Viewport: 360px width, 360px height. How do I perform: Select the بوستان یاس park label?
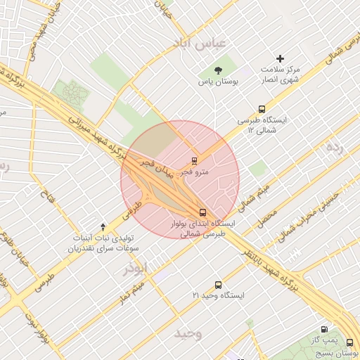pos(217,82)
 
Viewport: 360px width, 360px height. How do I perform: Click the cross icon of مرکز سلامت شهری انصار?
pos(281,58)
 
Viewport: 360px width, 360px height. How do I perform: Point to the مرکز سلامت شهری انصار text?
pos(281,75)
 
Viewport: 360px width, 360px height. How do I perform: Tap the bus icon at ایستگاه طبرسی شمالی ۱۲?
pos(262,109)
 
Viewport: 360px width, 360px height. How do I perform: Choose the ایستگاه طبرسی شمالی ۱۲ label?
pos(262,126)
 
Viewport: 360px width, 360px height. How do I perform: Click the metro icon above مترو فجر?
pos(194,160)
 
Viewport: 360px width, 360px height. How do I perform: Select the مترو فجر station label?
pos(194,172)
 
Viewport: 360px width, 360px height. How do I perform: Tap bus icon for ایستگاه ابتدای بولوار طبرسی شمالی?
pos(203,212)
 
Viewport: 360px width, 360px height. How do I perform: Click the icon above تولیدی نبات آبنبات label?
pos(104,226)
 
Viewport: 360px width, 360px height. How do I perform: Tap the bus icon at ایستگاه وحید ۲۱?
pos(218,285)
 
